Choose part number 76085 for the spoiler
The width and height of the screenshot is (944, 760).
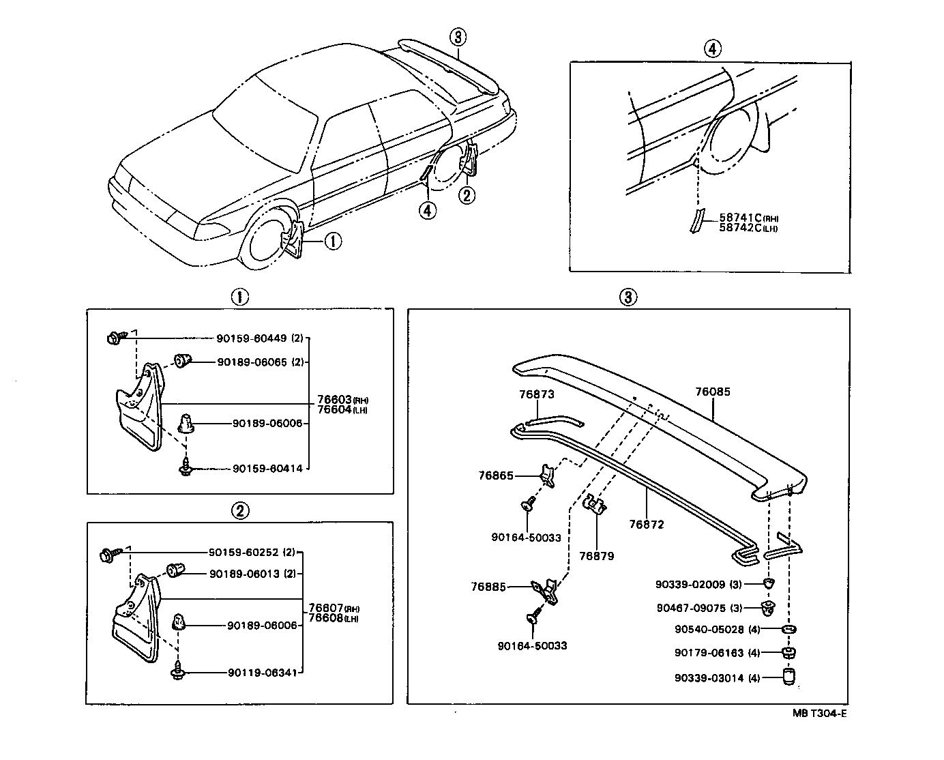[713, 392]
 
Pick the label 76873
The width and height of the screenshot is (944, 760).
[536, 394]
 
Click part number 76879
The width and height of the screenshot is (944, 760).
[596, 556]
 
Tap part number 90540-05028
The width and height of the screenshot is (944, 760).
[709, 629]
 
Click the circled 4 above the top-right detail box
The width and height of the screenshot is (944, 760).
[711, 48]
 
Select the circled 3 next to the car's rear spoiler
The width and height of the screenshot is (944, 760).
[458, 36]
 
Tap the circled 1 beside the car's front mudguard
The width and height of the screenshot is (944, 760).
[333, 241]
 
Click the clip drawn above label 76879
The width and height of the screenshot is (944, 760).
[595, 505]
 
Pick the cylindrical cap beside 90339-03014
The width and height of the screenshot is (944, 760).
[789, 677]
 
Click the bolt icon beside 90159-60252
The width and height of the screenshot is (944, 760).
[109, 554]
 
